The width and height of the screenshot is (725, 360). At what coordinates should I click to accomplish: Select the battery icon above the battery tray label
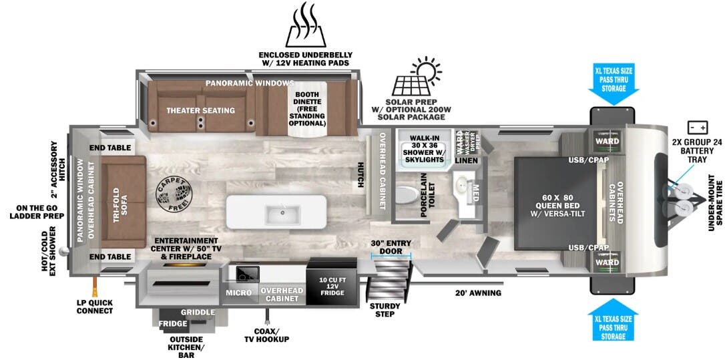tap(698, 127)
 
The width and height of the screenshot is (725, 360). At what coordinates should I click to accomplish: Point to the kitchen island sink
tap(276, 214)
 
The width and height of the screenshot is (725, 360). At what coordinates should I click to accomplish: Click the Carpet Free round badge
tap(176, 194)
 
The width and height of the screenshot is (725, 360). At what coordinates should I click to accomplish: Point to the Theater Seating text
tap(200, 110)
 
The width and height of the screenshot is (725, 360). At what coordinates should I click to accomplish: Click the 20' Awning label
tap(478, 293)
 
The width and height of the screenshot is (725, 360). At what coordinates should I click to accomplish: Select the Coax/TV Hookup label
tap(266, 335)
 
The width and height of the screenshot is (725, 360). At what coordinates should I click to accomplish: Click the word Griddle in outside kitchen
tap(198, 312)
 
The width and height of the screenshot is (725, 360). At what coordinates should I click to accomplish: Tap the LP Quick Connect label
tap(94, 306)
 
